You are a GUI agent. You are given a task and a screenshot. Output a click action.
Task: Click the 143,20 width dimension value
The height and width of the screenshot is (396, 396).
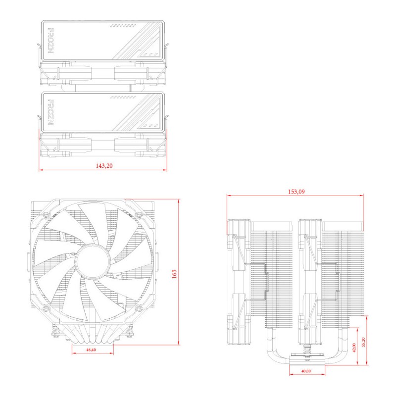coord(104,166)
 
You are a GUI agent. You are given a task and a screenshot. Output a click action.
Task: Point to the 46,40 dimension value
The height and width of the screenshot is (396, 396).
coord(91,349)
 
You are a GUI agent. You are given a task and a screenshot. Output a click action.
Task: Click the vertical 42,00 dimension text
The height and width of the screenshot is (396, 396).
coord(353,348)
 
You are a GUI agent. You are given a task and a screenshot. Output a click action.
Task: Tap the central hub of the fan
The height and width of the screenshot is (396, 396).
coord(92,261)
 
